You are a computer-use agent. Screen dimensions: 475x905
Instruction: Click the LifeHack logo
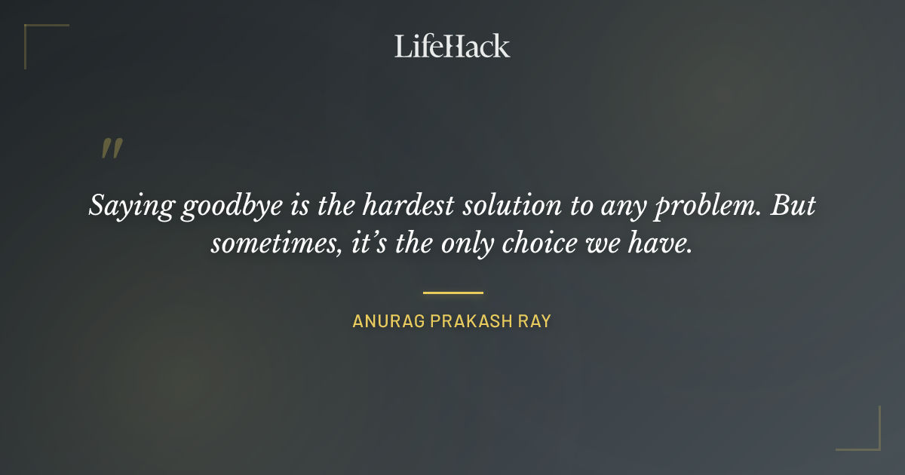click(452, 45)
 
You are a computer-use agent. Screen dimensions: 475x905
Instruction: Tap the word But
click(793, 205)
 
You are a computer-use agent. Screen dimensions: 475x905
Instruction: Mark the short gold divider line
click(452, 293)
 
